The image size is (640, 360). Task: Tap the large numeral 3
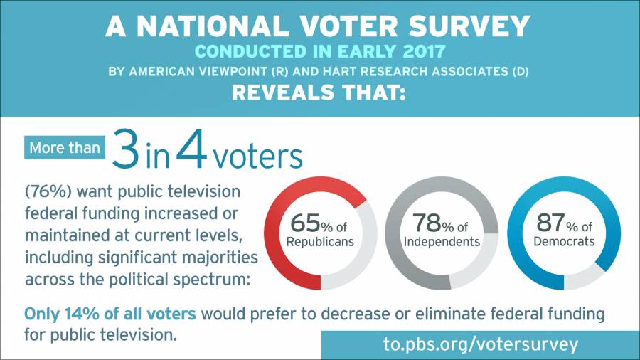tap(126, 152)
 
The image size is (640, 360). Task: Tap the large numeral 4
tap(191, 152)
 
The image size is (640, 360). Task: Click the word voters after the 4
tap(257, 156)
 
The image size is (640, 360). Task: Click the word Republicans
tap(320, 241)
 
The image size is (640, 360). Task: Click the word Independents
tap(441, 241)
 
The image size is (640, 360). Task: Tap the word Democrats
tap(564, 241)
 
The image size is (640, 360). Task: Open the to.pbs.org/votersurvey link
tap(480, 345)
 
